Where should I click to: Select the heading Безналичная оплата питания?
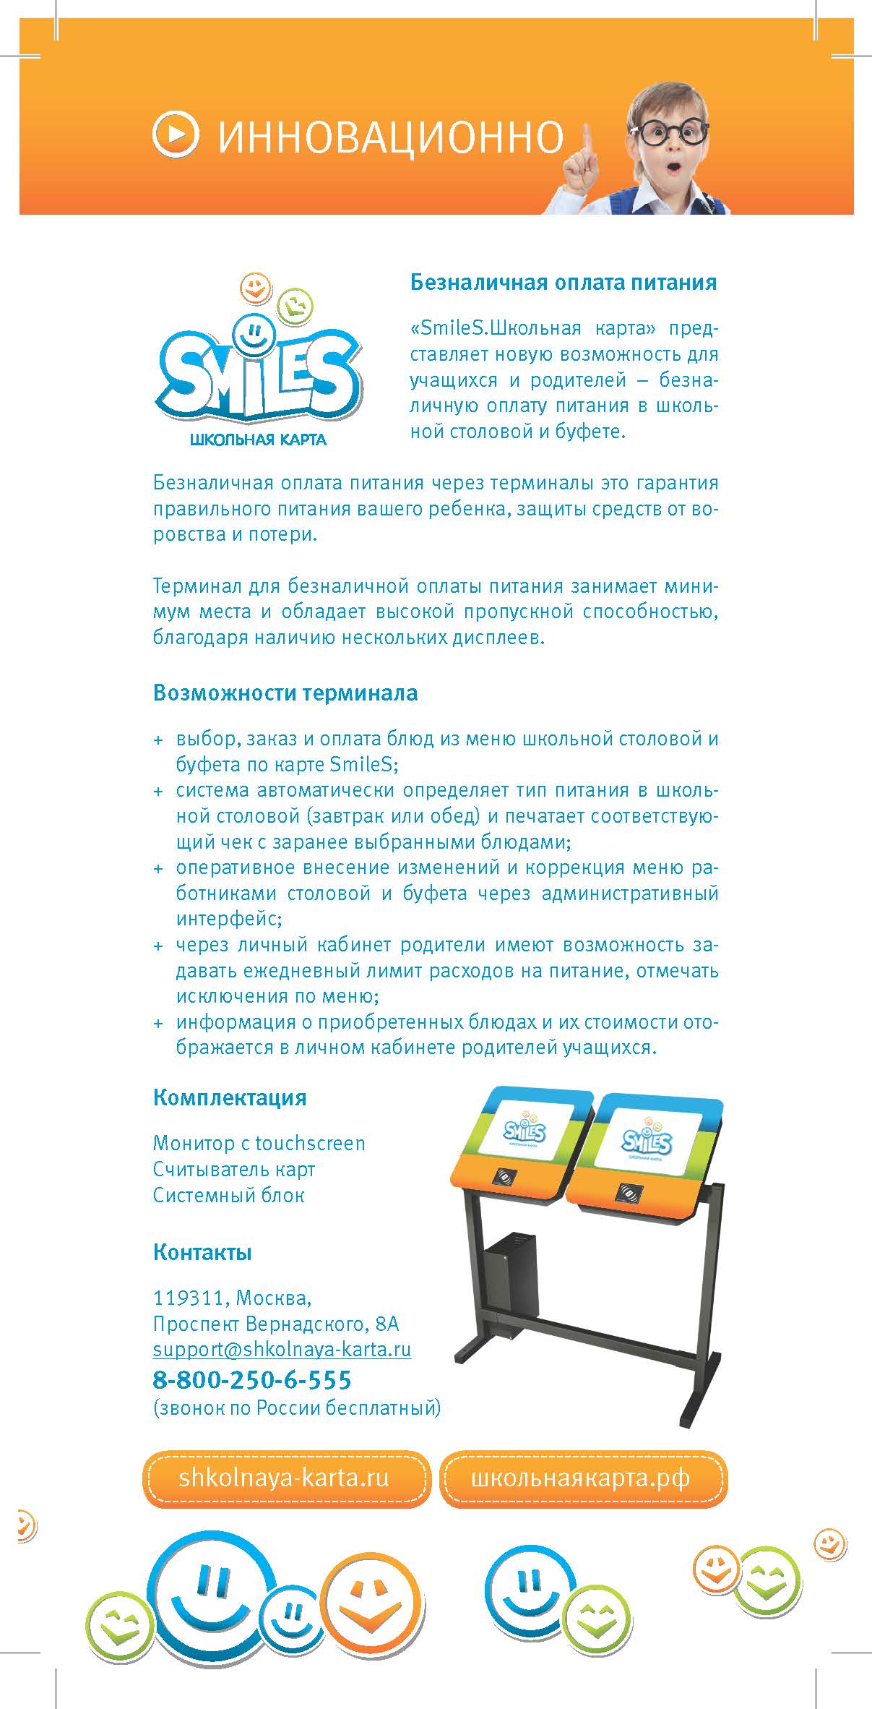564,282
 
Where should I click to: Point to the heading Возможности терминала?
285,693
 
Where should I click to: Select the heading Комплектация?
230,1097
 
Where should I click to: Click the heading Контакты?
202,1251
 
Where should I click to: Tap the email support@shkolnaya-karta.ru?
282,1349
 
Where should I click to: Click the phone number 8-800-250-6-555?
252,1379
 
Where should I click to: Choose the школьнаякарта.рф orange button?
582,1478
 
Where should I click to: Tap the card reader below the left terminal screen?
504,1176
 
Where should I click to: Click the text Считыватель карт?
234,1169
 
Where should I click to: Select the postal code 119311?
189,1298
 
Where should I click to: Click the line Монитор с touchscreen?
259,1143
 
